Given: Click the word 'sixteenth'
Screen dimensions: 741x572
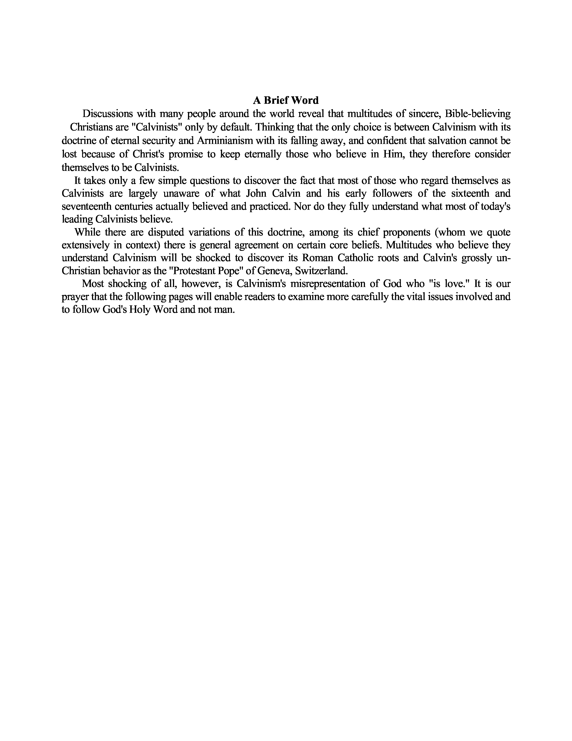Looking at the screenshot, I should pyautogui.click(x=470, y=193).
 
